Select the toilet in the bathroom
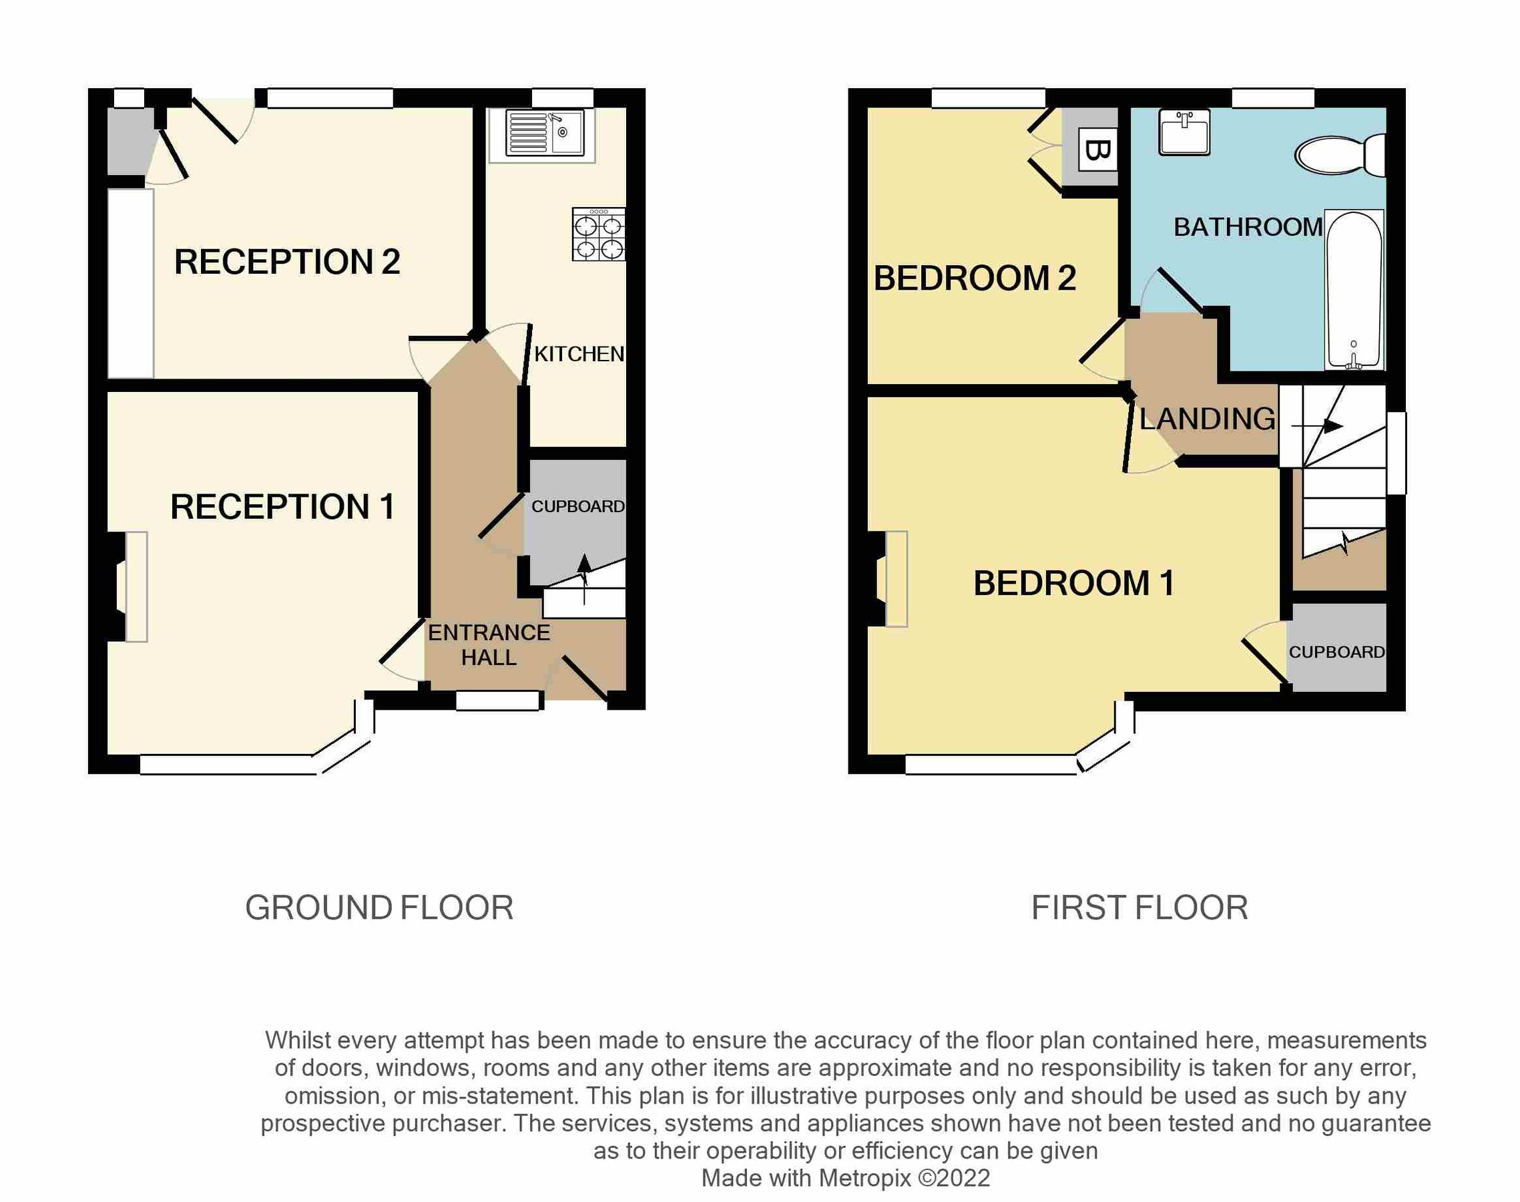pyautogui.click(x=1339, y=156)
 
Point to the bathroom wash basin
pyautogui.click(x=1184, y=132)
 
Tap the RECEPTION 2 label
pyautogui.click(x=287, y=262)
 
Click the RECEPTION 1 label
pyautogui.click(x=283, y=507)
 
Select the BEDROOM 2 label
pyautogui.click(x=974, y=278)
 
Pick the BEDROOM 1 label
pyautogui.click(x=1073, y=584)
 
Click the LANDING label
pyautogui.click(x=1207, y=419)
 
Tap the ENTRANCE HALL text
pyautogui.click(x=489, y=644)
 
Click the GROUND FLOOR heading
pyautogui.click(x=379, y=908)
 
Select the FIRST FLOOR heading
pyautogui.click(x=1139, y=908)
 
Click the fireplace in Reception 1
pyautogui.click(x=136, y=587)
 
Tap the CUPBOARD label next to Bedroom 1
pyautogui.click(x=1336, y=652)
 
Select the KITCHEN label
pyautogui.click(x=579, y=354)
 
